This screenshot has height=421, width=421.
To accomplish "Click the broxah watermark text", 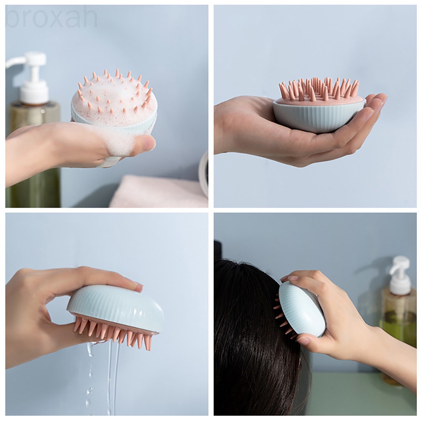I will (51, 17).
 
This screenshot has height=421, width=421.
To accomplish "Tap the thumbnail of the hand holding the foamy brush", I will (149, 144).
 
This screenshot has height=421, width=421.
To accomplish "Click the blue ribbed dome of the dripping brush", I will (116, 307).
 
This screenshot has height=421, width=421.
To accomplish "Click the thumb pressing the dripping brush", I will (62, 330).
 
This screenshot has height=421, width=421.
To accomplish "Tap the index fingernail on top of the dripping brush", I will (137, 284).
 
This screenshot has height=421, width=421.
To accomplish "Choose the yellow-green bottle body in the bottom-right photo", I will (398, 318).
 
